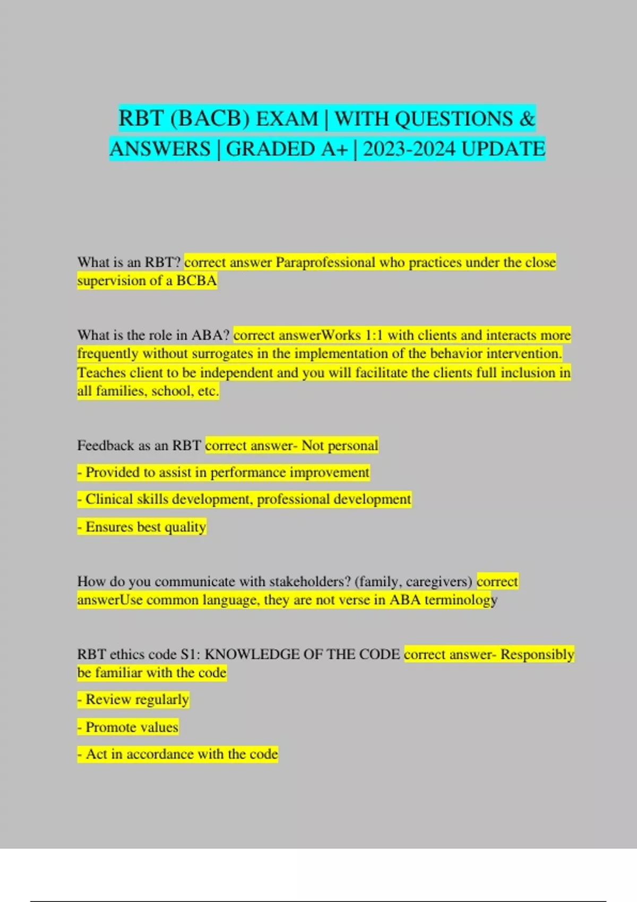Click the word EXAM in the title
(287, 118)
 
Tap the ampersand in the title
(527, 118)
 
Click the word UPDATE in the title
(503, 149)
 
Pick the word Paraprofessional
(325, 262)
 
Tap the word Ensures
(109, 527)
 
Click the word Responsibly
(537, 654)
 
